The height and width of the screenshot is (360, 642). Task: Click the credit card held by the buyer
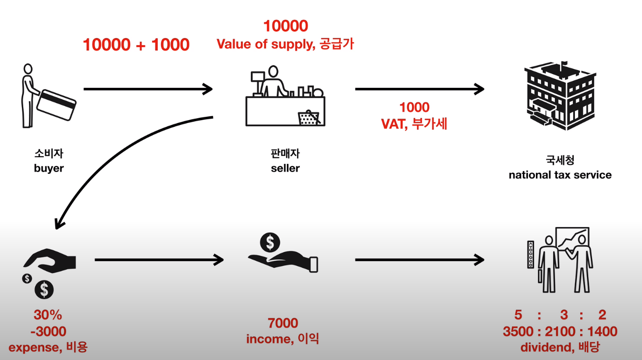point(57,104)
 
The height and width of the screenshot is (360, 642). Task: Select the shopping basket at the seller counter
point(309,117)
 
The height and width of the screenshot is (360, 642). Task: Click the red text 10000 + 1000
point(136,45)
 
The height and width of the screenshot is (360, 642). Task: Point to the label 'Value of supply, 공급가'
point(285,44)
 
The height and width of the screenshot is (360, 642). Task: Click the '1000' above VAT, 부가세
point(414,107)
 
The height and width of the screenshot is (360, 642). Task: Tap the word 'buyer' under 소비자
point(48,168)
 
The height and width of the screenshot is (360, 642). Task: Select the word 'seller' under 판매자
point(285,168)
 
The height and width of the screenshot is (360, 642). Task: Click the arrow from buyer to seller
point(147,89)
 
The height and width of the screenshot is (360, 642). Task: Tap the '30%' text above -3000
point(48,315)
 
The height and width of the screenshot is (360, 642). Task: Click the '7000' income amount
point(283,323)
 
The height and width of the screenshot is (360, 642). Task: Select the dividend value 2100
point(560,332)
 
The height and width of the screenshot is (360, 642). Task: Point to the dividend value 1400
point(602,332)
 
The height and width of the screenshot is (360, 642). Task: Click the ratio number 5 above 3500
point(518,315)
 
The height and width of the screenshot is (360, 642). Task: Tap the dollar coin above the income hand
point(270,243)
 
